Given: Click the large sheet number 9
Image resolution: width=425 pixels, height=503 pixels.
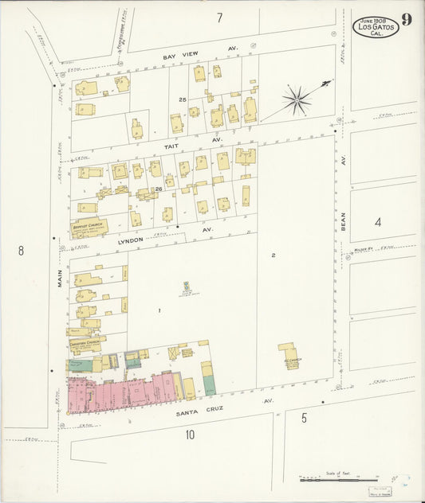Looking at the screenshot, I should (x=407, y=20).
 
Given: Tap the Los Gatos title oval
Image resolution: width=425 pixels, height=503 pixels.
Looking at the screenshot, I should (x=376, y=26).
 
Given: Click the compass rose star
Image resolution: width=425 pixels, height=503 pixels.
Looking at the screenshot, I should (x=297, y=99).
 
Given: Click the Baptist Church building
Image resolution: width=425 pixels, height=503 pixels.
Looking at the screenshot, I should (x=89, y=227).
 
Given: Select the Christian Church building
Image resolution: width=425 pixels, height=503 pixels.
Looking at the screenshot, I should (x=87, y=344).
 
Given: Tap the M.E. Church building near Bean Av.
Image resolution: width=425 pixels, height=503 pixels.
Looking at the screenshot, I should (x=288, y=356).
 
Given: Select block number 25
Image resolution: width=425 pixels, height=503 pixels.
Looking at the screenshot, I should (x=183, y=99).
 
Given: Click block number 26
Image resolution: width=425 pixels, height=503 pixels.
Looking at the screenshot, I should (x=158, y=189).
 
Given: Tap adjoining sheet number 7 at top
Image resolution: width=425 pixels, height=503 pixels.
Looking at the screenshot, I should (x=218, y=18).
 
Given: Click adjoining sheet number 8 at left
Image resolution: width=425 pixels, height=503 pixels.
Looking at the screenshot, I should (x=21, y=251).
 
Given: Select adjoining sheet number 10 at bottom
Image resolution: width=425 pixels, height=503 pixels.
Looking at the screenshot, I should (x=190, y=435).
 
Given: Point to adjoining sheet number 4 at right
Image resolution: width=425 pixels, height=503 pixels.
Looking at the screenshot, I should (x=378, y=222).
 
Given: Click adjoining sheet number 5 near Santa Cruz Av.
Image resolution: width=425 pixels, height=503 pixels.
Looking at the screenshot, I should (x=304, y=416).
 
